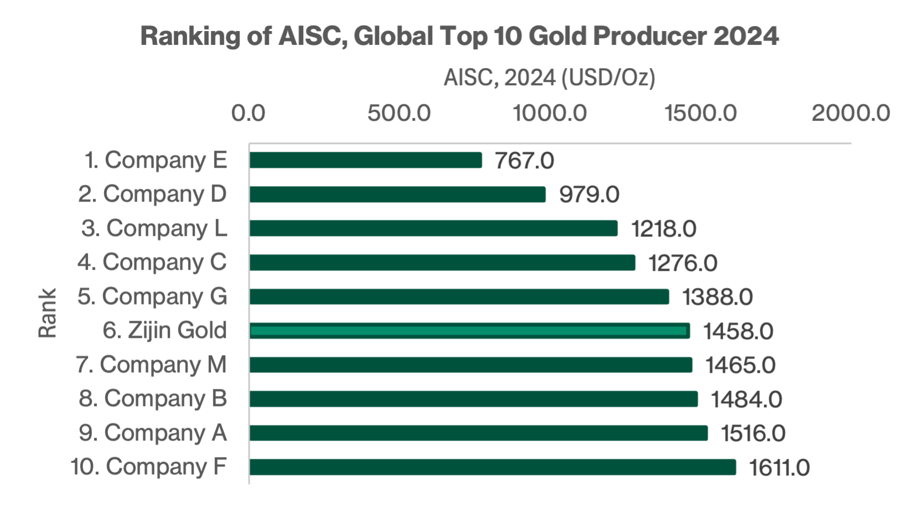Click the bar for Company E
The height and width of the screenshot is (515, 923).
coord(365,160)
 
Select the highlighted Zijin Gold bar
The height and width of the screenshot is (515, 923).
coord(469,331)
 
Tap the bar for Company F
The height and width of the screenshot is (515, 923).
coord(492,467)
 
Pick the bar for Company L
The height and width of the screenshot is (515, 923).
coord(433,228)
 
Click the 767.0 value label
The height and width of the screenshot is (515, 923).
coord(524,161)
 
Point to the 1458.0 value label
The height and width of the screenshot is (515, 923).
coord(738,331)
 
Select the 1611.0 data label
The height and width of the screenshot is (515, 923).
coord(779,468)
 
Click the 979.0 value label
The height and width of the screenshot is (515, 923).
coord(589,194)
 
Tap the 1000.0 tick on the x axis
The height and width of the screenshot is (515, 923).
coord(549,113)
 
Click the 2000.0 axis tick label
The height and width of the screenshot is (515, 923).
coord(851,113)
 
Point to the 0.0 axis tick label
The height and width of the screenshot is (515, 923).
coord(248,113)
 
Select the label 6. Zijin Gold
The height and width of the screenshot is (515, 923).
coord(165,331)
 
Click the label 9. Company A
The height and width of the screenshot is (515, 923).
coord(153,433)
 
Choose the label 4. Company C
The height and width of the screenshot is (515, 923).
coord(152,262)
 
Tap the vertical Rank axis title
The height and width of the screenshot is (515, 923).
coord(48,313)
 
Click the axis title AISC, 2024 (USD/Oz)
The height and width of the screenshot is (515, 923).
coord(549,78)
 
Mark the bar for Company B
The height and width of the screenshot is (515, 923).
coord(473,399)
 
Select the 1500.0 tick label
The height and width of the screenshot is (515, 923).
coord(701,113)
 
